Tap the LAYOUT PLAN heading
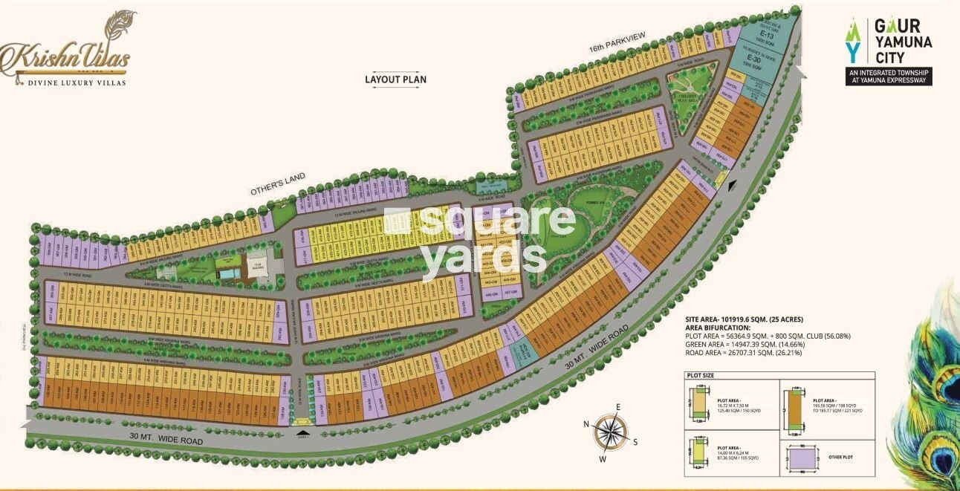point(395,79)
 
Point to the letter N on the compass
point(586,424)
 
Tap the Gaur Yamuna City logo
point(889,51)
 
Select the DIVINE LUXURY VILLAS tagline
point(73,83)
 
